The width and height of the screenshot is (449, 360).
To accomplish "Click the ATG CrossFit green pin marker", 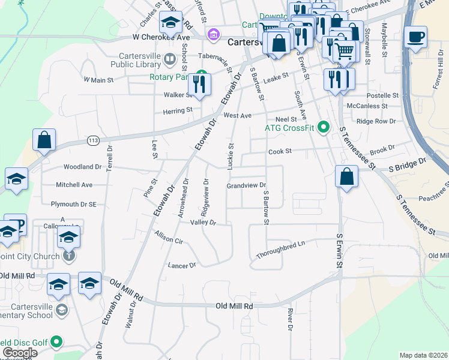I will tap(324, 127).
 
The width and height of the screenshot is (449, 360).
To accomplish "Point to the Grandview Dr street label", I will tap(246, 185).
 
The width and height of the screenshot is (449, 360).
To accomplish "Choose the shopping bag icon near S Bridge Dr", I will tap(346, 177).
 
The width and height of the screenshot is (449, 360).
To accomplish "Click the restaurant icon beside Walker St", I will tap(199, 84).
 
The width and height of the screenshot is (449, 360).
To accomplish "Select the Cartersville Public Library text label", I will tap(139, 62).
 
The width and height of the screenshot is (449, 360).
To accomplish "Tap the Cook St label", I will tap(279, 151).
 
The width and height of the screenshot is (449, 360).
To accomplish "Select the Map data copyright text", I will tap(423, 355).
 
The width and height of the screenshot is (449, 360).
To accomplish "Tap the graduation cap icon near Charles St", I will tap(170, 23).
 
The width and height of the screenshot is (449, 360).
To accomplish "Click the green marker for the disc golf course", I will tap(56, 342).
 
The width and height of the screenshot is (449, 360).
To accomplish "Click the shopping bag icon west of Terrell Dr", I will tap(44, 140).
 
